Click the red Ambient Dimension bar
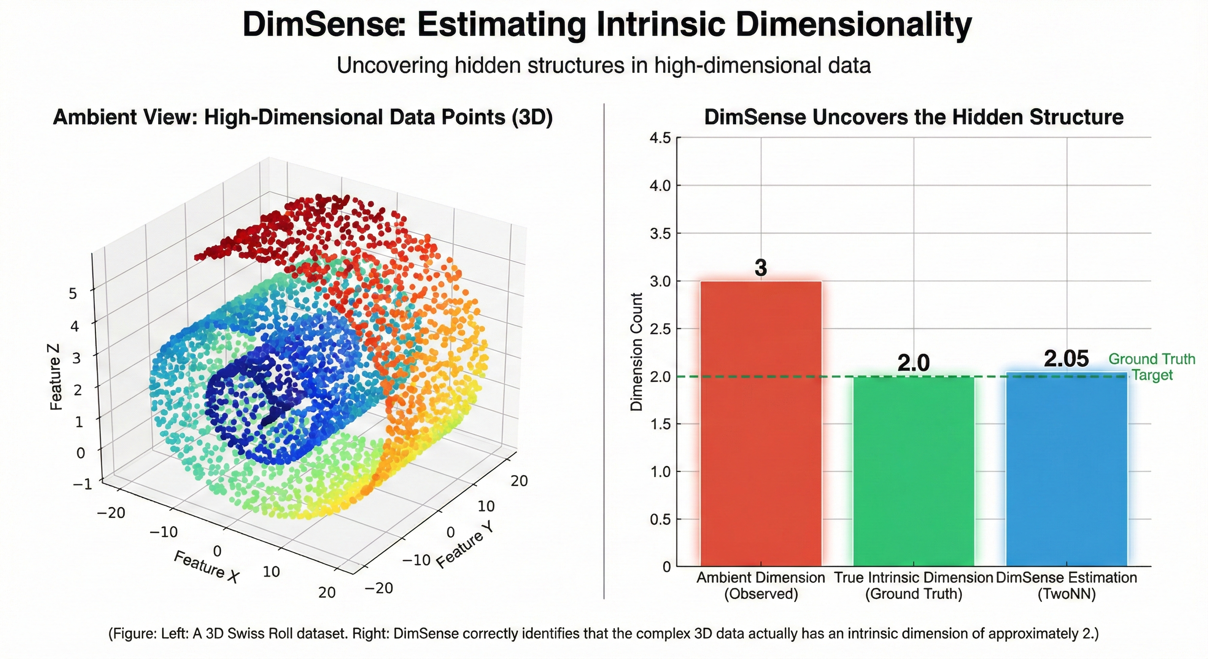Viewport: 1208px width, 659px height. coord(761,422)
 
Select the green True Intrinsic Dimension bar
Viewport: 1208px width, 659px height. coord(913,469)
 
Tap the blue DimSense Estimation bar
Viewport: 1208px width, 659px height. coord(1066,469)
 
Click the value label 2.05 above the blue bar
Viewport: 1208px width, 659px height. coord(1066,359)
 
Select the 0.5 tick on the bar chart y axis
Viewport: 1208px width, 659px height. coord(661,519)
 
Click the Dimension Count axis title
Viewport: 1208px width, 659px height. coord(636,352)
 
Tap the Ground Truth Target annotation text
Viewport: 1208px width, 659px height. coord(1152,367)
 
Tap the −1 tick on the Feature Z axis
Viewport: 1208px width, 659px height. coord(82,484)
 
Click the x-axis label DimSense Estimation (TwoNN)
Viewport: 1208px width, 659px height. coord(1066,585)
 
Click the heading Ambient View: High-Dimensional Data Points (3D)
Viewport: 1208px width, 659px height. coord(303,117)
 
